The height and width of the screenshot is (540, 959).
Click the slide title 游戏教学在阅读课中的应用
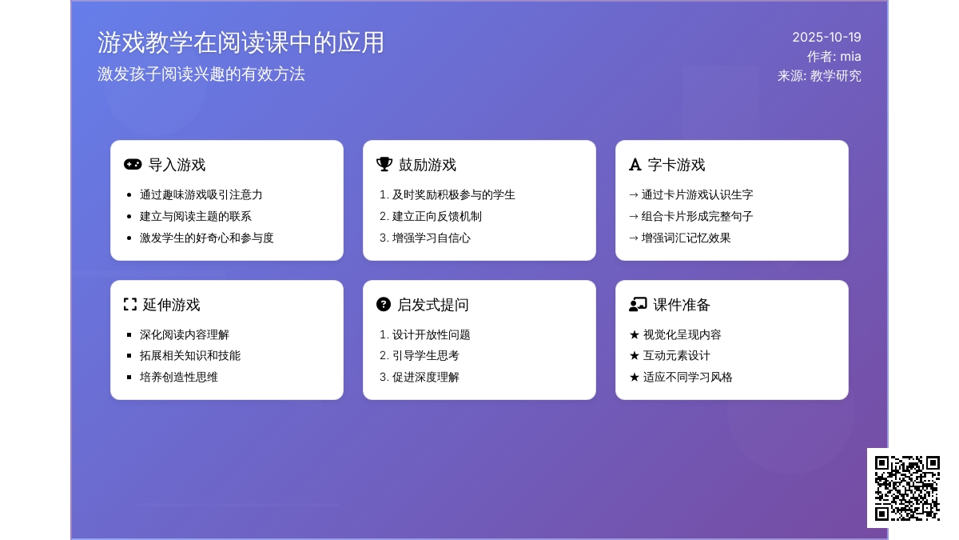click(x=241, y=42)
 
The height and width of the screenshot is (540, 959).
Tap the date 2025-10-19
click(x=826, y=38)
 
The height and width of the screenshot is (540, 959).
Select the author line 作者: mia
click(x=834, y=57)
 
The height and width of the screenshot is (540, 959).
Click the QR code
click(x=907, y=488)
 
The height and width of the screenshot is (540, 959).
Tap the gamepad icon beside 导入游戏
click(x=133, y=165)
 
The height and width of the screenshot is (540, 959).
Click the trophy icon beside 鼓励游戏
click(x=384, y=164)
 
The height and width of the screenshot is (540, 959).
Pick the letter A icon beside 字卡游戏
click(x=635, y=165)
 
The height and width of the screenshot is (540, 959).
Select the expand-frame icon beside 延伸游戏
click(x=130, y=304)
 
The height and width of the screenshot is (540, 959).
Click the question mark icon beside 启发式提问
click(x=384, y=304)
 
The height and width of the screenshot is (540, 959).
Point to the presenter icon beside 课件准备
click(x=638, y=304)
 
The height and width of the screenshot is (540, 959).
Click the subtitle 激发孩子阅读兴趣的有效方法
click(x=201, y=74)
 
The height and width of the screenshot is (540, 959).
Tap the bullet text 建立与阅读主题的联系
click(x=196, y=217)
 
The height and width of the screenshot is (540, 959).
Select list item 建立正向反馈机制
click(x=436, y=217)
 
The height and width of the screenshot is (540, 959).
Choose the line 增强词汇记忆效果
click(x=686, y=238)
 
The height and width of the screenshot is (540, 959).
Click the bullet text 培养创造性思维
click(x=179, y=377)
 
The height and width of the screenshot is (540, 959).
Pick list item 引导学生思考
click(x=425, y=356)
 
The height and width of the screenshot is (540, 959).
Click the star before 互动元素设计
click(x=635, y=356)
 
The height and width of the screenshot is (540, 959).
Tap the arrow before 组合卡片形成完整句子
click(x=634, y=217)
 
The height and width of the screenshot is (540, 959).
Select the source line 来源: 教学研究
click(x=819, y=76)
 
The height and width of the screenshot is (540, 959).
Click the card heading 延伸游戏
click(x=171, y=305)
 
